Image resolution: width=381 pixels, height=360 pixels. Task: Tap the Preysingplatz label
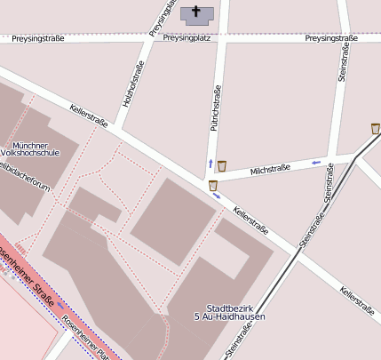pyautogui.click(x=186, y=38)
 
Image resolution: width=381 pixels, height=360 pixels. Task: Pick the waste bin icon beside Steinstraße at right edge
pyautogui.click(x=376, y=129)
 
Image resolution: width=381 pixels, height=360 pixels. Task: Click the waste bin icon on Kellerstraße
pyautogui.click(x=213, y=186)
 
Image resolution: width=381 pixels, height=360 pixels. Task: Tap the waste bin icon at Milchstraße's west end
pyautogui.click(x=222, y=165)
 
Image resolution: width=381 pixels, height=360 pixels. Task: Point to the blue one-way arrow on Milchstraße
pyautogui.click(x=316, y=163)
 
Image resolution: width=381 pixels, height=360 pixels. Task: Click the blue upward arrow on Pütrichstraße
pyautogui.click(x=210, y=164)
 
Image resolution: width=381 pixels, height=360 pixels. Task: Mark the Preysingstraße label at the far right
pyautogui.click(x=330, y=38)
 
